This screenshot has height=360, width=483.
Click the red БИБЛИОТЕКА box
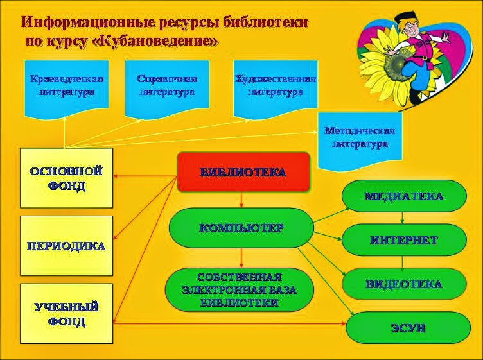[243, 173]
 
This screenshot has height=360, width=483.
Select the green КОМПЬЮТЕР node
[240, 228]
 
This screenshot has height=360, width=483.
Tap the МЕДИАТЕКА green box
[403, 196]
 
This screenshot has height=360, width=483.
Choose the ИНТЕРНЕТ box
[403, 240]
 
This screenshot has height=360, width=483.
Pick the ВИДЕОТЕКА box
[403, 284]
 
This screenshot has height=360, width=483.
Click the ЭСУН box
[408, 328]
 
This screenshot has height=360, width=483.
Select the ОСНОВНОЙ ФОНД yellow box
[66, 178]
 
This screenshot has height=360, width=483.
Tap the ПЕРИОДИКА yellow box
[66, 245]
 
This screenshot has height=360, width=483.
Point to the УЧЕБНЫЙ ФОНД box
[66, 313]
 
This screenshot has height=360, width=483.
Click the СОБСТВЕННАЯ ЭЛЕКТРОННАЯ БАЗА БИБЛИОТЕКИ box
[240, 290]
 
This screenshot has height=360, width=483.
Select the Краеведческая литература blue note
[66, 86]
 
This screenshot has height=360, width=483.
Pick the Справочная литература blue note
[166, 86]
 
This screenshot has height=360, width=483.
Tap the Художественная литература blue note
[275, 86]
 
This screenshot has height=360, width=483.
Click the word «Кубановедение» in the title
[162, 41]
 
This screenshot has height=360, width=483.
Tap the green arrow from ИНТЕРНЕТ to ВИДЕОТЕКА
[403, 262]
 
